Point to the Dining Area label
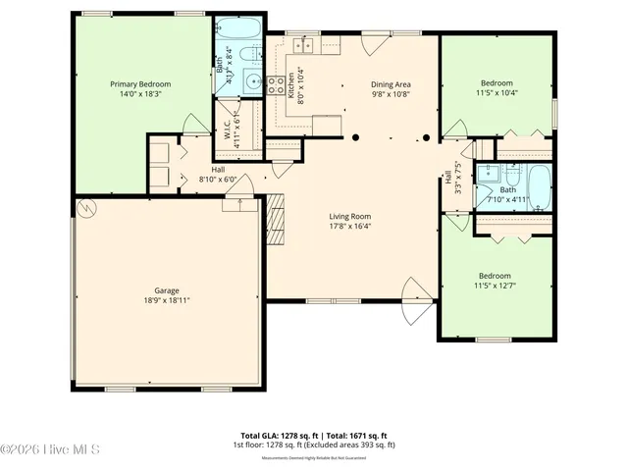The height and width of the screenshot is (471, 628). [x=390, y=84]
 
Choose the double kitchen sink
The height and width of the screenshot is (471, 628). [x=304, y=45]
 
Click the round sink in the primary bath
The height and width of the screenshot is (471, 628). [x=253, y=81]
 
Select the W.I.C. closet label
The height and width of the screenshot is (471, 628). [x=226, y=130]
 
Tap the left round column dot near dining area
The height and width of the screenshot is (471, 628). [x=357, y=137]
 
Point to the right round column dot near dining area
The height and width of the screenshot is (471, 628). [x=426, y=137]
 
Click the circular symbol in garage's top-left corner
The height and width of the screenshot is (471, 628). [x=85, y=208]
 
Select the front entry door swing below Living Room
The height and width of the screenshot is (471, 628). [x=417, y=294]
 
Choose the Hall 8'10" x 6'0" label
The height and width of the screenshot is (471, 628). [x=218, y=174]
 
